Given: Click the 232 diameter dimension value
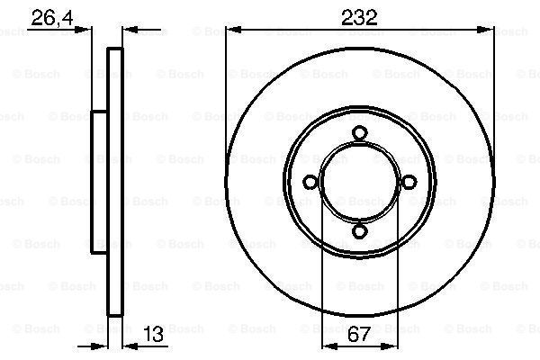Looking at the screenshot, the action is point(359,18).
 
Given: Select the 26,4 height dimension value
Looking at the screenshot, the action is point(52,18).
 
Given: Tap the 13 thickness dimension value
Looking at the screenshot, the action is point(153,334).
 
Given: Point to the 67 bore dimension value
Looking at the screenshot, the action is point(358,334).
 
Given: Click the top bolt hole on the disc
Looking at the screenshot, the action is point(359,133).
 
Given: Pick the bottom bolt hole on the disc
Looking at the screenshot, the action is point(359,231).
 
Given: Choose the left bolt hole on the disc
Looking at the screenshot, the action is point(310,182).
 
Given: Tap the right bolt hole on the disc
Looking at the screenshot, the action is point(409,182).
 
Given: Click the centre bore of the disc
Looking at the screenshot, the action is point(359,182).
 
